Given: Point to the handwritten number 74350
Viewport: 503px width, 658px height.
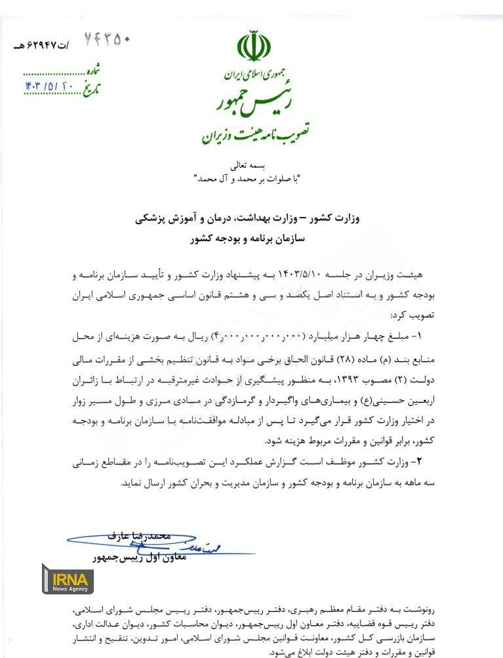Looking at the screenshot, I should pos(108,39).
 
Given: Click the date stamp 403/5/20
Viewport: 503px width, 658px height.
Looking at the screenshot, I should pos(50,85).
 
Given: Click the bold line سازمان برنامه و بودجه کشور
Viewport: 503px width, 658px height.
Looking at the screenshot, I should pos(252,240).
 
